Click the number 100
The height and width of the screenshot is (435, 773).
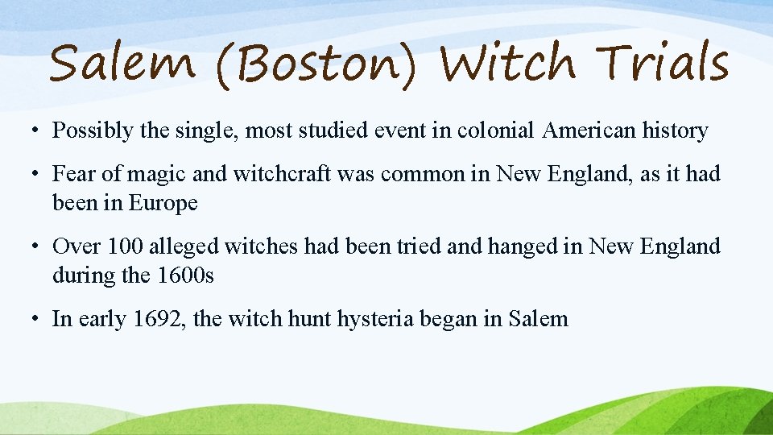pos(122,246)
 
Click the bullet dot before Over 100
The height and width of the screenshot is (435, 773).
pos(35,247)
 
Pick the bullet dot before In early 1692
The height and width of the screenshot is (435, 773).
pos(35,320)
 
